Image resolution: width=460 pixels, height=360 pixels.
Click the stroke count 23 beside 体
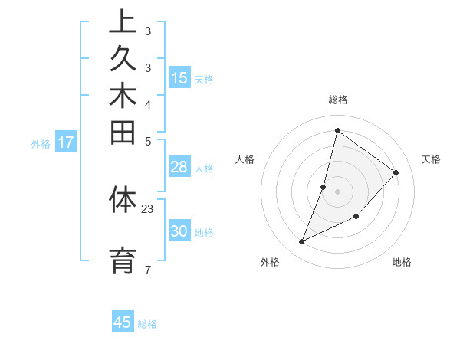(x=148, y=209)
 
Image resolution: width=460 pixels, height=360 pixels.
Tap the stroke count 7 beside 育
(x=148, y=270)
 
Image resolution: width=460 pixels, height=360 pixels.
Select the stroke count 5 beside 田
(x=148, y=141)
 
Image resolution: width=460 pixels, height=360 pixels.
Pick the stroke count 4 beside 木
(x=148, y=104)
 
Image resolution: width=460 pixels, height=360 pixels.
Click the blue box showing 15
(x=179, y=77)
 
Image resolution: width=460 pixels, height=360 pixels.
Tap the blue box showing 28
(x=179, y=167)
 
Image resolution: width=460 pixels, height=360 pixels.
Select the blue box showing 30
(x=179, y=231)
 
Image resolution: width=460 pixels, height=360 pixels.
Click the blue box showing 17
(x=66, y=142)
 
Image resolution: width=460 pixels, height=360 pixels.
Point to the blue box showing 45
(x=123, y=322)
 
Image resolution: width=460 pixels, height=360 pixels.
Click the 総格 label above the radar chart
(x=338, y=100)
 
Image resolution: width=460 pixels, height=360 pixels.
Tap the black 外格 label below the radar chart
(x=270, y=262)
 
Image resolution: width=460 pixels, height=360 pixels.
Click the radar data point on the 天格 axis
(x=396, y=172)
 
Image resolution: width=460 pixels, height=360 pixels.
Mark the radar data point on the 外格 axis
(x=302, y=242)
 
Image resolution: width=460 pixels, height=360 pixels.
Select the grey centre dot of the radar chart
(x=338, y=191)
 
